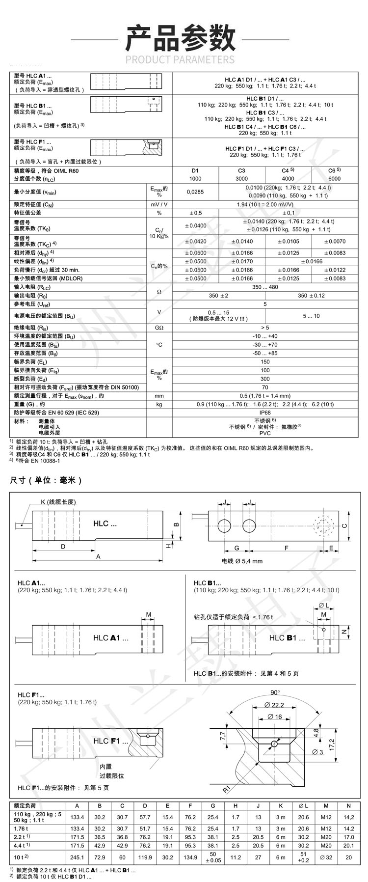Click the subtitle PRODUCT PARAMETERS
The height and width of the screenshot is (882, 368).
pos(180,60)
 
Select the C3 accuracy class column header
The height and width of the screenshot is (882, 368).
pos(241,171)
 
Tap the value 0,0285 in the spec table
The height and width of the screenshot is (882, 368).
pos(195,192)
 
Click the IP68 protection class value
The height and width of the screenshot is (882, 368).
pos(265,413)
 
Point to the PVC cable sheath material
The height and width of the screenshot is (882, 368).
pos(265,433)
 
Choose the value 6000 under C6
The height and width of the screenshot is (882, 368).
pos(334,179)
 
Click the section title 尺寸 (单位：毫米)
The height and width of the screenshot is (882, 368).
pos(46,480)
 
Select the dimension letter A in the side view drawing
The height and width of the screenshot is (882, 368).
pos(98,556)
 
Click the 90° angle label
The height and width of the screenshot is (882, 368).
pos(275,692)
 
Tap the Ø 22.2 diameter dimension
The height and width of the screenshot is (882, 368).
pos(274,705)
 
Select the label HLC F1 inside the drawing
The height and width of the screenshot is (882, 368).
pos(110,741)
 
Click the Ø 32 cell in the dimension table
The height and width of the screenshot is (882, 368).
pos(325,857)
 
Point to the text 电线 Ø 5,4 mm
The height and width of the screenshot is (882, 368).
pos(242,561)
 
